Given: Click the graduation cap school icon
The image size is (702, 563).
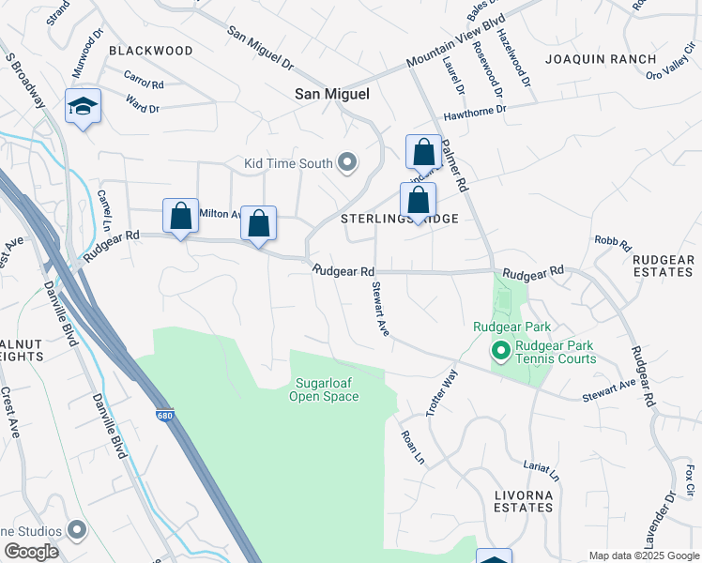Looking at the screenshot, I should (84, 108).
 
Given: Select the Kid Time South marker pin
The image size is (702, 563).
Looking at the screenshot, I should (348, 163).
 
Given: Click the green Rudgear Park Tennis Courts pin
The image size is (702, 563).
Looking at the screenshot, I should (501, 352).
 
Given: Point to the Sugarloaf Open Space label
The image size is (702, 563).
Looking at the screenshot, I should (328, 389).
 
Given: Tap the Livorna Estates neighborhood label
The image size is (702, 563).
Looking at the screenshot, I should (524, 500).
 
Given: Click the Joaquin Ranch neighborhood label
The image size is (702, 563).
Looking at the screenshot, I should (601, 59).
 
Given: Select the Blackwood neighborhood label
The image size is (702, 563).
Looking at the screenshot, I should (151, 51).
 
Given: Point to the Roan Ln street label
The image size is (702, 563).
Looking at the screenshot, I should (409, 447).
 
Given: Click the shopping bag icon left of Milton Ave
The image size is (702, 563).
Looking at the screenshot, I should (180, 216).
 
